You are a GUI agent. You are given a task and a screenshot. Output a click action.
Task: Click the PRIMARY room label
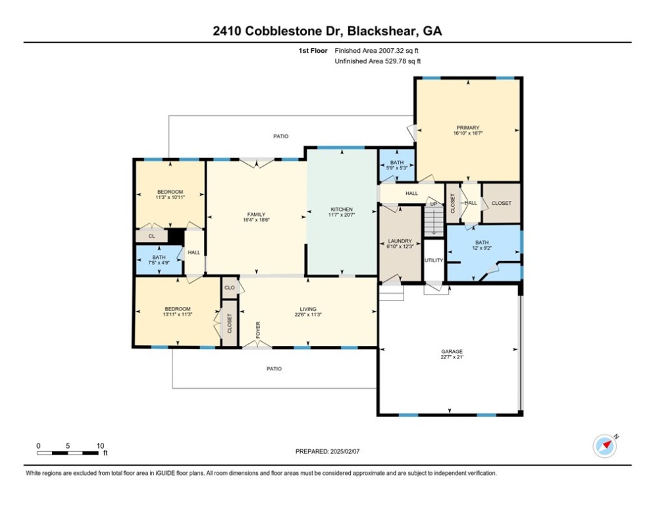(x=467, y=128)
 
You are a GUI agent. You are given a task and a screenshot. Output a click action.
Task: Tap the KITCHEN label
(x=341, y=210)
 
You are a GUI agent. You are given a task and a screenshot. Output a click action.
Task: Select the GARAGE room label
(x=452, y=352)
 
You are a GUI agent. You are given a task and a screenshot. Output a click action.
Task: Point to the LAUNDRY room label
(x=400, y=241)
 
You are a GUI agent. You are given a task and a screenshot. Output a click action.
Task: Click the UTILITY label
(x=434, y=261)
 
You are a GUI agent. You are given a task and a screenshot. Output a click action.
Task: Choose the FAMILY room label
(x=256, y=214)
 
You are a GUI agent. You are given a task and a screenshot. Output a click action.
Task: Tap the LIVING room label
(x=308, y=309)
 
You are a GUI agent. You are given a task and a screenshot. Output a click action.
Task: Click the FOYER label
(x=259, y=329)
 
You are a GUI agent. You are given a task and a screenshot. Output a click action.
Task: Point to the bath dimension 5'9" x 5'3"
(x=396, y=168)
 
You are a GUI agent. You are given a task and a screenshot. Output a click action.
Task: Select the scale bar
(x=68, y=453)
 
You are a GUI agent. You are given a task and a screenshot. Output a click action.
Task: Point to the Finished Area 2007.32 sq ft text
(x=377, y=50)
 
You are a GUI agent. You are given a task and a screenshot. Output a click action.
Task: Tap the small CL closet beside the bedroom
(x=151, y=235)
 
